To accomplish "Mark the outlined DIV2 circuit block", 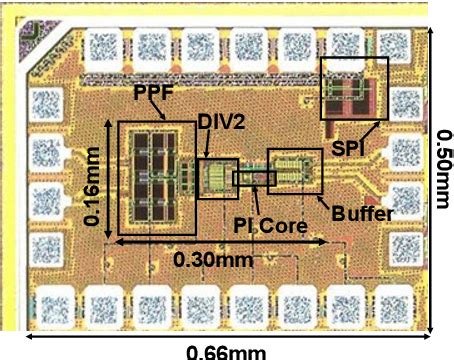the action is (218, 178).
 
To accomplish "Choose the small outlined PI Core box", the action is (254, 178).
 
